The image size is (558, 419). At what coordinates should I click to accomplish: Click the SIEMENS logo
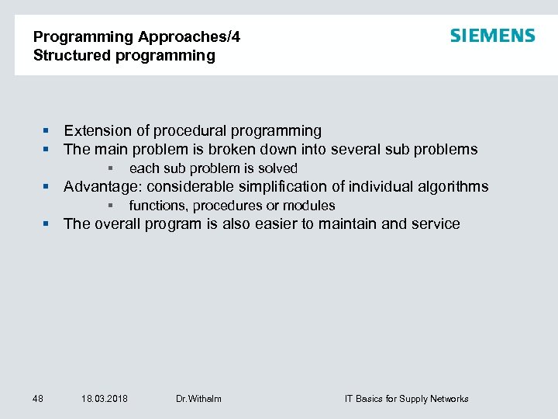[492, 36]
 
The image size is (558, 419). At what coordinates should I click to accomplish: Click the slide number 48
[37, 399]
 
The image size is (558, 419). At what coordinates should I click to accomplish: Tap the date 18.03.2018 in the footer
[105, 399]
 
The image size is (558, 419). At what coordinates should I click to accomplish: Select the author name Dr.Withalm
[198, 399]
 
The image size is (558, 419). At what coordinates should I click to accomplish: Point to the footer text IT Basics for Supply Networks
[406, 399]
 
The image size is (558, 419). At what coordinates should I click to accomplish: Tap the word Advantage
[101, 187]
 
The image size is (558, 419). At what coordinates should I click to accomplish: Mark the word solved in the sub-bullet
[279, 168]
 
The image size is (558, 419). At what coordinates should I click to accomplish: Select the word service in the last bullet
[435, 224]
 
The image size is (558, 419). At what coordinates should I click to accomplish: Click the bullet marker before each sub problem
[112, 168]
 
